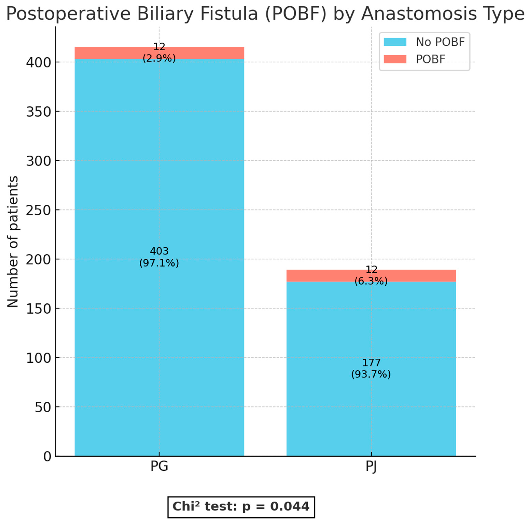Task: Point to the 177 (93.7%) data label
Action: click(371, 368)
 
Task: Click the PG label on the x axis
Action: click(159, 466)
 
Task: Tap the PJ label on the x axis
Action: click(371, 466)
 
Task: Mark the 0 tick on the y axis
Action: click(47, 457)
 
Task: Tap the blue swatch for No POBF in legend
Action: click(395, 42)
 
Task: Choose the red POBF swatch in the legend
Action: click(395, 59)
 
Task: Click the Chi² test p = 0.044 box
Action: click(241, 507)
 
